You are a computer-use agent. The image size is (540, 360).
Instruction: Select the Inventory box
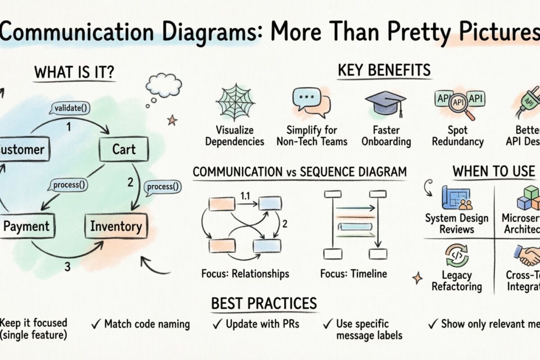(116, 226)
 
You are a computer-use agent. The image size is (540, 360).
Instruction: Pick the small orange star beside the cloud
(172, 120)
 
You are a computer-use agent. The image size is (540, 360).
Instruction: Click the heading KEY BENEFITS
(384, 70)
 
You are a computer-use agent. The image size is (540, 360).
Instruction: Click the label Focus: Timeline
(353, 273)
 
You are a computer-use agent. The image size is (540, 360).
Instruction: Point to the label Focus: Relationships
(245, 273)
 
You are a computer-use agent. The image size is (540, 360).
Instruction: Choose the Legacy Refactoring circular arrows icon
(457, 256)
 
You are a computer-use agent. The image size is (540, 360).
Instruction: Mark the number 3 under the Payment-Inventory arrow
(67, 267)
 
